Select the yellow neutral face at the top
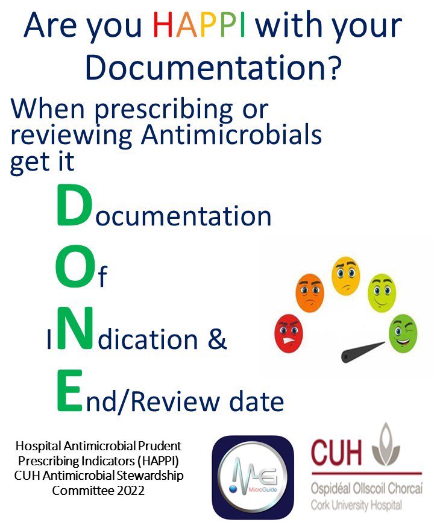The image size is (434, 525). coord(346,274)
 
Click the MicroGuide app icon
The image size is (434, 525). coord(253,477)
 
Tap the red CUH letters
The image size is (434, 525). coord(337,450)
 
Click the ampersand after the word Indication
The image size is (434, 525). coord(215,339)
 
